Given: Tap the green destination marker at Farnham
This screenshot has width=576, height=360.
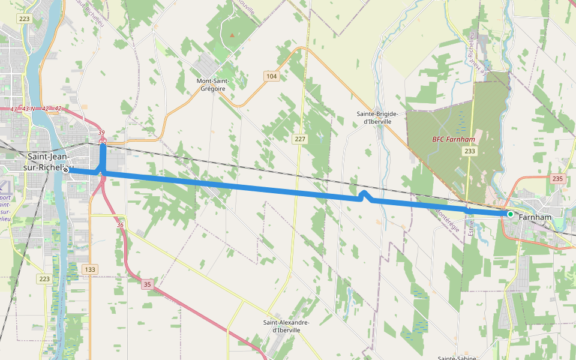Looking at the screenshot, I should coord(510,214).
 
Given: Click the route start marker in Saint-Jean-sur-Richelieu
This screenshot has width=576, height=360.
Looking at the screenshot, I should coord(66,170).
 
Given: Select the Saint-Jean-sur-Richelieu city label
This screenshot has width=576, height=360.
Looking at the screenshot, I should coord(46,162).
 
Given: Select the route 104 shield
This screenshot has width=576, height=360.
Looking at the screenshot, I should coord(272,76).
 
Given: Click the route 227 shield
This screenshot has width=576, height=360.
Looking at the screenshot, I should coord(300,139).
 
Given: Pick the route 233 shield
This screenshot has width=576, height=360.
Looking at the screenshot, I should coord(470,151).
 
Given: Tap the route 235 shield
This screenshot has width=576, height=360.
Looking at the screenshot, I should coord(557,179).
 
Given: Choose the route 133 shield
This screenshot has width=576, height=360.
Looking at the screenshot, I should coord(90,269).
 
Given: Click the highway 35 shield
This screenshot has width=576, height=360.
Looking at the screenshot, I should coord(148,285).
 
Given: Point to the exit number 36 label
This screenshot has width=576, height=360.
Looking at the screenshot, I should coord(121,225).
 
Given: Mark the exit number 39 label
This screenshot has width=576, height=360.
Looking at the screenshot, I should coord(101,133).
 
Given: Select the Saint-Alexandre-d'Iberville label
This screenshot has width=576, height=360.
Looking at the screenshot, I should coord(286,326).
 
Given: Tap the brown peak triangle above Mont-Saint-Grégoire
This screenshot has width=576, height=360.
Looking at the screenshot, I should coord(232,35).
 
